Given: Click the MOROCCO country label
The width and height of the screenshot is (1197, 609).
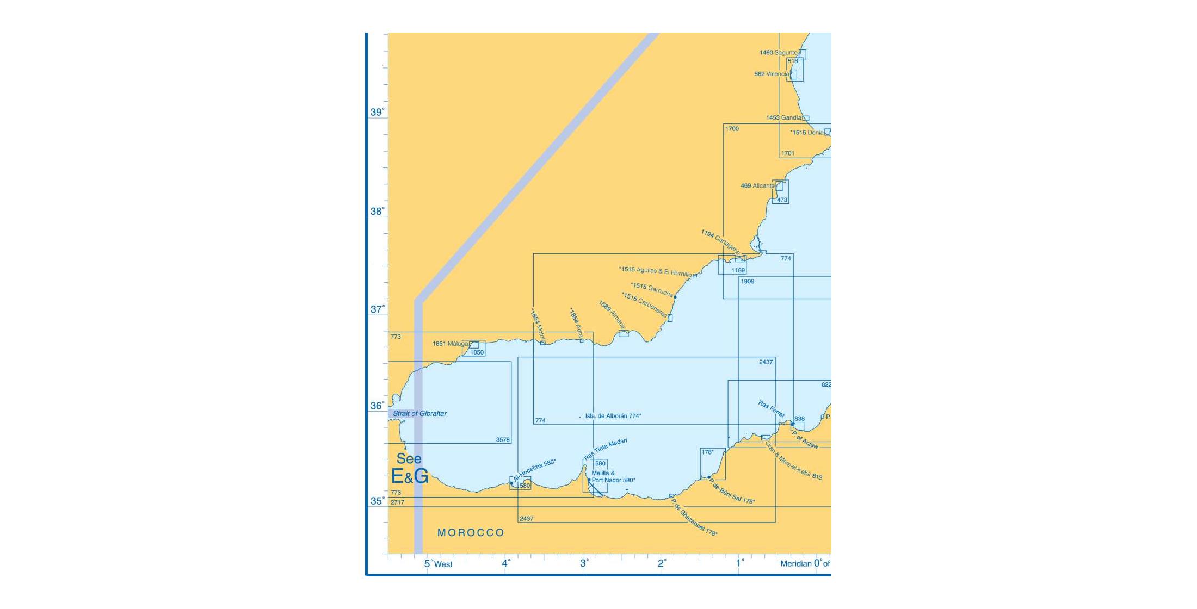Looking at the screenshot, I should click(x=471, y=533).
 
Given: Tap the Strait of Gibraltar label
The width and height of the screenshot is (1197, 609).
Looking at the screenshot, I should click(x=419, y=414).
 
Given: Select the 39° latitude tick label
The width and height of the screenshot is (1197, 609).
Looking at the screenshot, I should click(x=377, y=113).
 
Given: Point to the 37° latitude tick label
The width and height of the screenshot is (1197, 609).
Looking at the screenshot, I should click(x=377, y=309).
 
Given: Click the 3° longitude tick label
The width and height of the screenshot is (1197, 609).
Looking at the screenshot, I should click(x=584, y=563).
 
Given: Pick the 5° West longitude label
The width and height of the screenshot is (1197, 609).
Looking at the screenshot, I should click(x=438, y=564).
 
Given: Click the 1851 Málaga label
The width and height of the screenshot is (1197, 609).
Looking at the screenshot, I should click(x=450, y=344).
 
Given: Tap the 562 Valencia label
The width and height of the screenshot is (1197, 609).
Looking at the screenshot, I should click(x=772, y=74).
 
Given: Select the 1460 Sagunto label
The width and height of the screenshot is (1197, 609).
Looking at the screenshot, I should click(x=778, y=53).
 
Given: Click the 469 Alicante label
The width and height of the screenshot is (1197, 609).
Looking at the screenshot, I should click(x=757, y=186).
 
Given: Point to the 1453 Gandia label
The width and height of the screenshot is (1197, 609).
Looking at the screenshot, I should click(x=783, y=118).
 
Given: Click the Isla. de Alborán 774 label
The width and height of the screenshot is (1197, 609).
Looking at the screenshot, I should click(x=613, y=416).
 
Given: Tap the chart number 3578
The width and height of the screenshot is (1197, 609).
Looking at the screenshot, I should click(x=503, y=440).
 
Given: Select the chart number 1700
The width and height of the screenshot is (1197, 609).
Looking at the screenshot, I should click(x=732, y=129).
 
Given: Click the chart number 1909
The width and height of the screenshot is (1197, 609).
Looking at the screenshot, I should click(x=747, y=282).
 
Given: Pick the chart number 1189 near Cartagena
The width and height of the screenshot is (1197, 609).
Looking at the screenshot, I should click(x=738, y=270).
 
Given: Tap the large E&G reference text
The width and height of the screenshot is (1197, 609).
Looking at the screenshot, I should click(x=410, y=476).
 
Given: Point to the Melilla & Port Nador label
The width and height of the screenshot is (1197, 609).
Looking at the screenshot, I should click(x=613, y=477).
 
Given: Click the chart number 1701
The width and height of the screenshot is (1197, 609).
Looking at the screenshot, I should click(x=788, y=153).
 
